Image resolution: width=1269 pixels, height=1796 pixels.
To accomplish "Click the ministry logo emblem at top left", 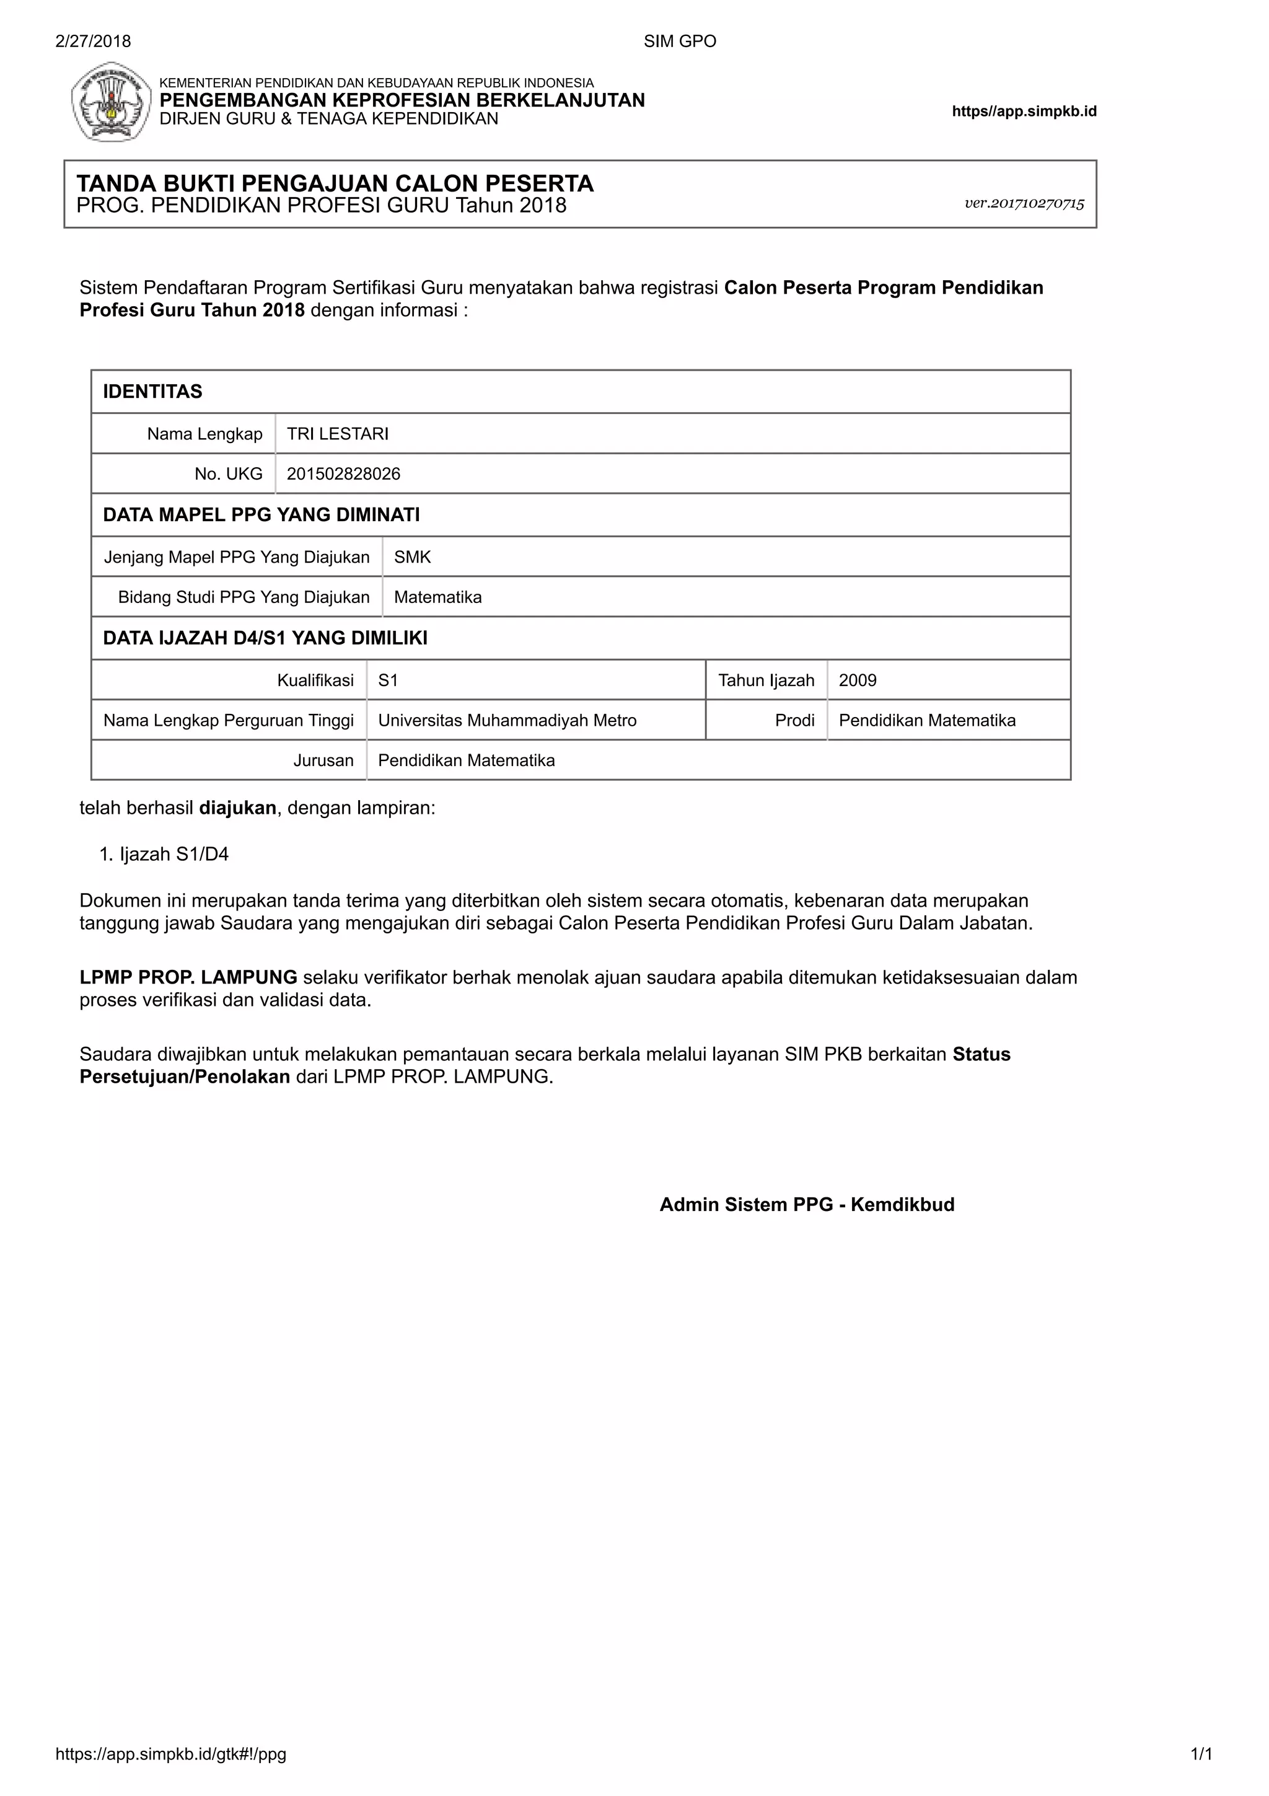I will pos(111,102).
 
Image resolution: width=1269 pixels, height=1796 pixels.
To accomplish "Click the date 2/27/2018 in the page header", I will pos(93,42).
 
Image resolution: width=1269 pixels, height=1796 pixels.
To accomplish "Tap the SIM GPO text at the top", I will pos(680,42).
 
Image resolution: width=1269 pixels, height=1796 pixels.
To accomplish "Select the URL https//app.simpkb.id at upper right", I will pos(1024,111).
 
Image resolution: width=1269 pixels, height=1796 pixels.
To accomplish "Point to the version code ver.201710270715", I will pos(1024,203).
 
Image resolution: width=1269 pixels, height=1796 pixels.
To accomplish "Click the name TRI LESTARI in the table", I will pos(337,434).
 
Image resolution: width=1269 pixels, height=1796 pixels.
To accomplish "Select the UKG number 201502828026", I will pos(343,474).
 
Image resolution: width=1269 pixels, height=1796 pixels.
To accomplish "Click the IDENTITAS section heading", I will pos(152,392).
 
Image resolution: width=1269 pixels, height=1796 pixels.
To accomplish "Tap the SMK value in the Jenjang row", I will pos(412,558).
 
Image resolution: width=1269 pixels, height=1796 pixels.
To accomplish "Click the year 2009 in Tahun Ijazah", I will pos(857,680).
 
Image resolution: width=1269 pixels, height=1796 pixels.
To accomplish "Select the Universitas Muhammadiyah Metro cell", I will pos(507,720).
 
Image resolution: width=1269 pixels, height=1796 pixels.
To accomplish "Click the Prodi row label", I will pos(794,720).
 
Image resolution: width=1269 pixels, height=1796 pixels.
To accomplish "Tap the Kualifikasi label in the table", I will pos(315,680).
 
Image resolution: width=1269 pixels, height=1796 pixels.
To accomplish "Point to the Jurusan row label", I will pos(323,760).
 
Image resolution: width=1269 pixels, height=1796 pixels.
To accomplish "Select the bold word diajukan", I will pos(238,808).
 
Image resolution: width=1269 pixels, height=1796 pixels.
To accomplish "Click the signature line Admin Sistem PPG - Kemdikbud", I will pos(807,1205).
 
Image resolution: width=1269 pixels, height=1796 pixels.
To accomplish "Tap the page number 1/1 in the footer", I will pos(1201,1754).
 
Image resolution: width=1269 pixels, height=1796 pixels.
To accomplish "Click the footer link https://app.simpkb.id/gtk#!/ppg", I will pos(170,1754).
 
